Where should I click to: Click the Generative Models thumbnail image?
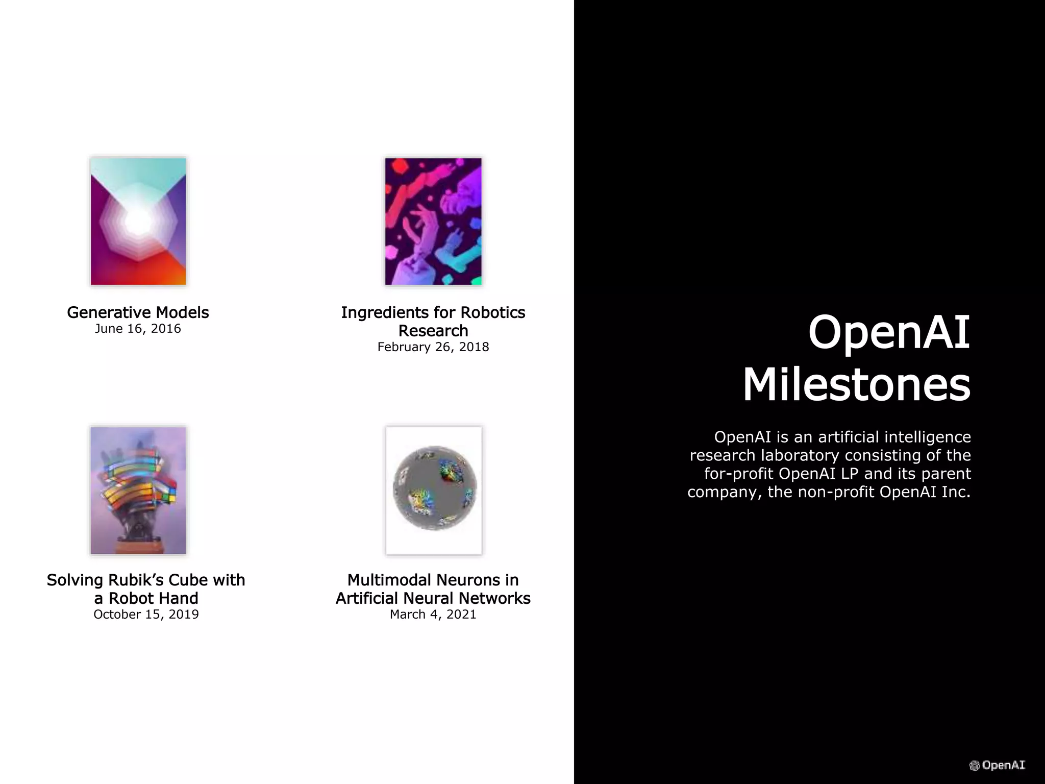tap(138, 222)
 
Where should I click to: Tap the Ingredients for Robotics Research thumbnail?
tap(433, 222)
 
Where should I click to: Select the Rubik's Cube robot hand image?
tap(138, 491)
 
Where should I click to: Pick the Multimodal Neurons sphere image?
tap(434, 491)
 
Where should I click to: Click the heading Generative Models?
tap(138, 312)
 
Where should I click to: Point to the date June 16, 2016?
tap(138, 329)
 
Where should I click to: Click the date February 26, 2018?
tap(433, 347)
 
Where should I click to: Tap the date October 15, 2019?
tap(146, 615)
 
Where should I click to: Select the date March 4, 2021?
tap(433, 615)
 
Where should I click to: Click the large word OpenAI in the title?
tap(889, 332)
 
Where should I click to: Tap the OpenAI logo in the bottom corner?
tap(997, 765)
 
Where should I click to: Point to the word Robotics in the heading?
tap(493, 312)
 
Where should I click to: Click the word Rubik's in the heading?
tap(131, 580)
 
